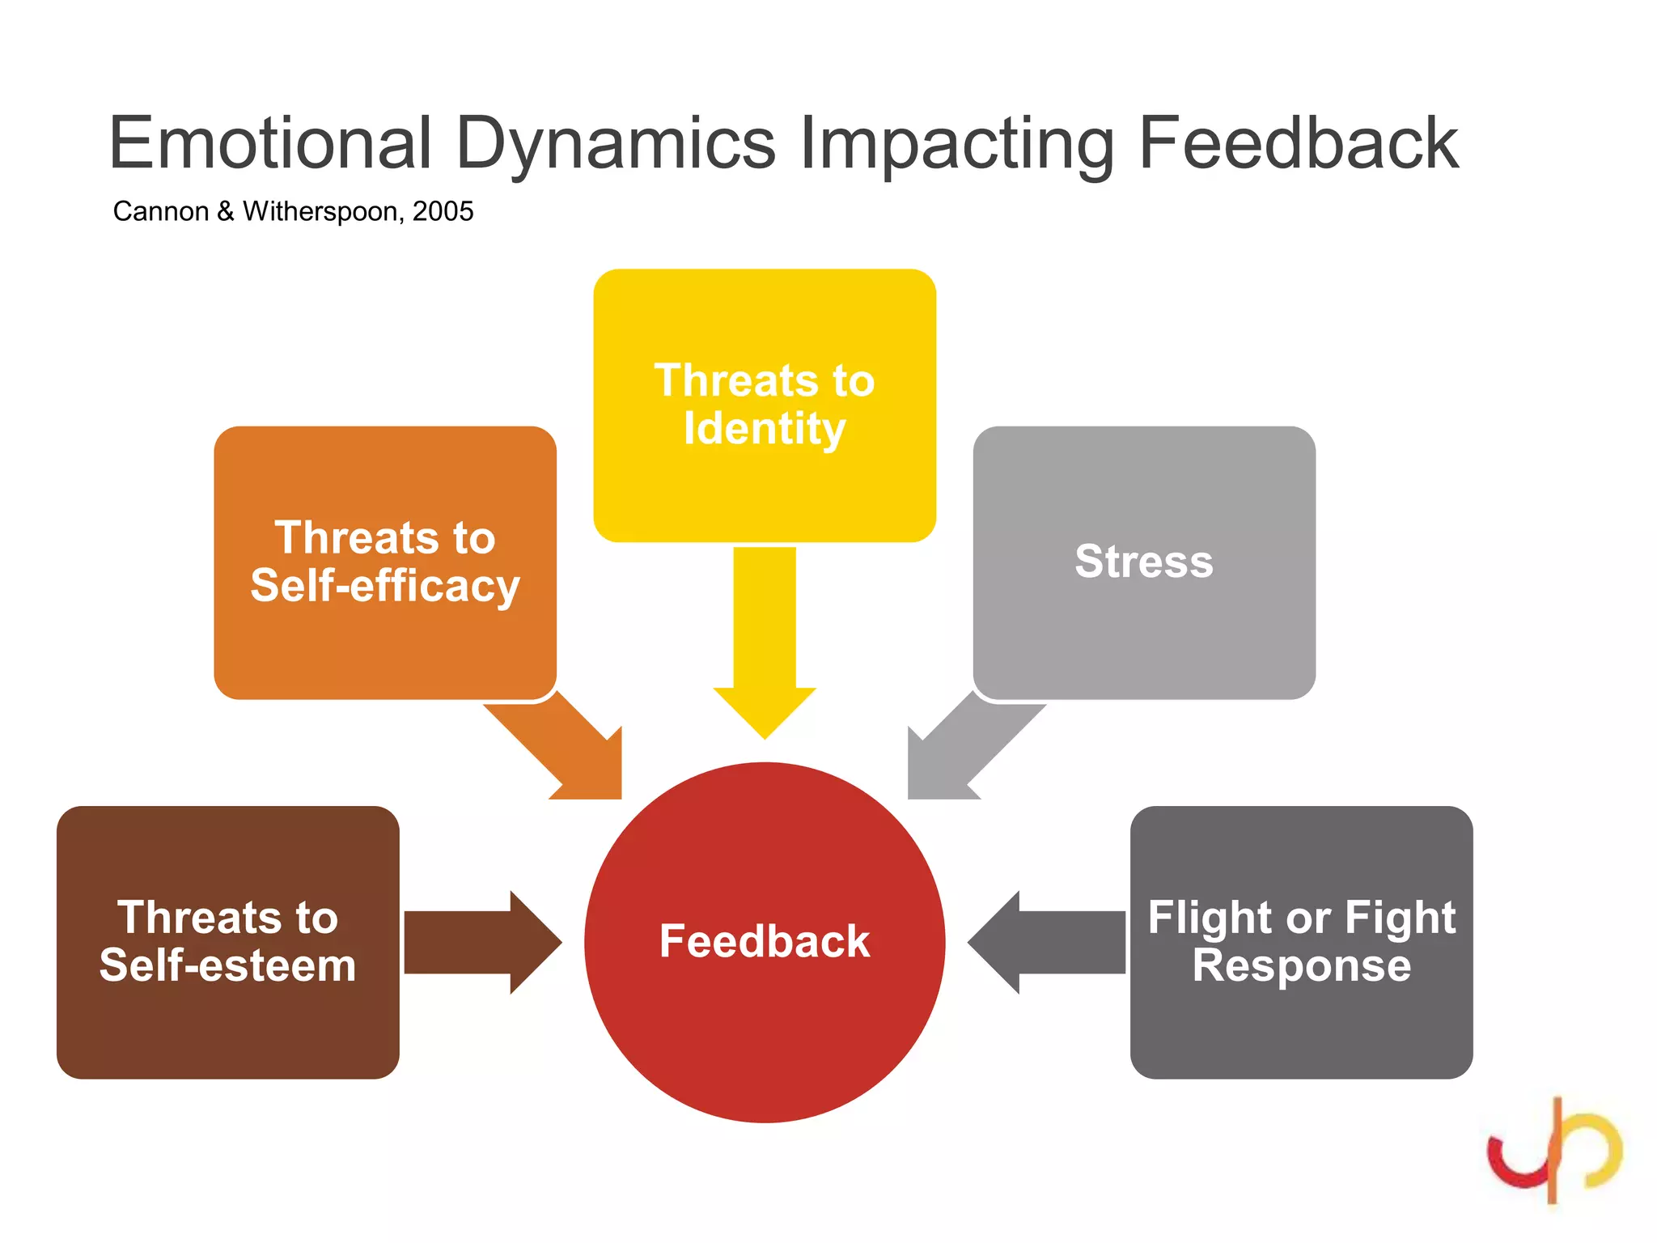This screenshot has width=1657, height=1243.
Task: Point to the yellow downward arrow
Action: click(765, 639)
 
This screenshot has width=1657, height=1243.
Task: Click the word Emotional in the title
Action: click(270, 143)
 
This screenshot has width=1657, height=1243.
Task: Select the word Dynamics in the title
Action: click(616, 143)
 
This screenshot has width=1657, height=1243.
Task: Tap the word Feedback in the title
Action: click(1299, 143)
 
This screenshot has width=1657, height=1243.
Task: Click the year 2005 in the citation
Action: click(443, 211)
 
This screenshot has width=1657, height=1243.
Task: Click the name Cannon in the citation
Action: click(161, 211)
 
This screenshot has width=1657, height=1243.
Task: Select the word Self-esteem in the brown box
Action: click(227, 965)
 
